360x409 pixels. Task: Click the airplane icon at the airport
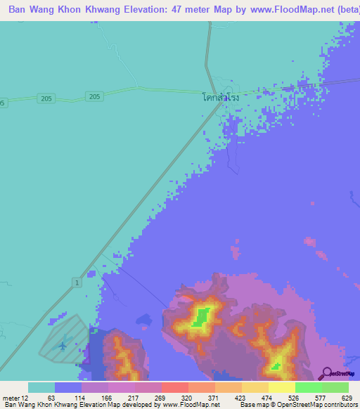click(x=64, y=345)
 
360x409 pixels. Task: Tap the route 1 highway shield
click(x=76, y=282)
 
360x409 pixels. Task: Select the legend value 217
click(x=131, y=398)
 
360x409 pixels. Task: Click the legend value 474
click(x=266, y=398)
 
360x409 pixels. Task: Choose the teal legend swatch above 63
click(x=41, y=387)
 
